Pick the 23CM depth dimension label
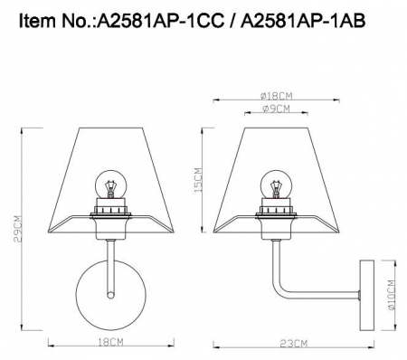[x=292, y=345]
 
